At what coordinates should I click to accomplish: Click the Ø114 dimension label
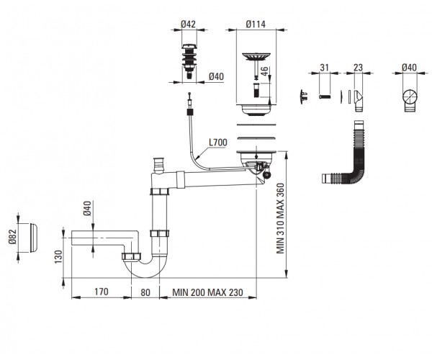tap(256, 24)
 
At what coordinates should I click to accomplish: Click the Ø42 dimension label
tap(188, 24)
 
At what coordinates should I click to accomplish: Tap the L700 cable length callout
tap(218, 143)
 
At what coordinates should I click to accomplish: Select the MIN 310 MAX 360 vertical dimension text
tap(280, 218)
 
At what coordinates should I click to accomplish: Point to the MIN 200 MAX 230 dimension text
tap(208, 292)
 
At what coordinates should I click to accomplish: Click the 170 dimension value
tap(102, 292)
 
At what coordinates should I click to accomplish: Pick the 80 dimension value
tap(145, 292)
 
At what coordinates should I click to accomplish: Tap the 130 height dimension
tap(58, 257)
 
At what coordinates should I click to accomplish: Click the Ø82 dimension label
tap(13, 237)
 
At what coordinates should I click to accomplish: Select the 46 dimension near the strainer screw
tap(264, 72)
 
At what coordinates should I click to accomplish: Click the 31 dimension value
tap(324, 68)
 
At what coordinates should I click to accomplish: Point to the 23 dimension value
tap(358, 68)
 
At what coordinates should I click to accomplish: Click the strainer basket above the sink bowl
tap(256, 56)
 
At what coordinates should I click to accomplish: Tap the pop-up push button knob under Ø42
tap(189, 61)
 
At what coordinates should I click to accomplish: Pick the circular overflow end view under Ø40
tap(410, 97)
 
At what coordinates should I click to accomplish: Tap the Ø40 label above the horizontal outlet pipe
tap(87, 209)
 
